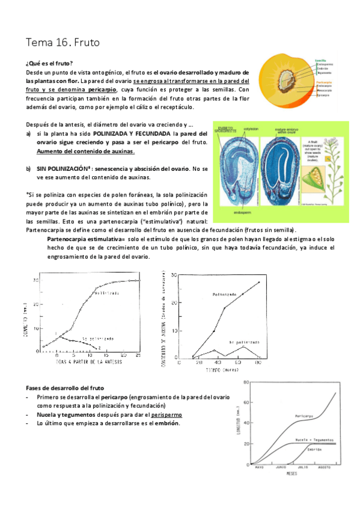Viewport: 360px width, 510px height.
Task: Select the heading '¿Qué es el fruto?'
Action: click(49, 63)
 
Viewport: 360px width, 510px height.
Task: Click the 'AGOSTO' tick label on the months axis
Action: click(324, 467)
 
